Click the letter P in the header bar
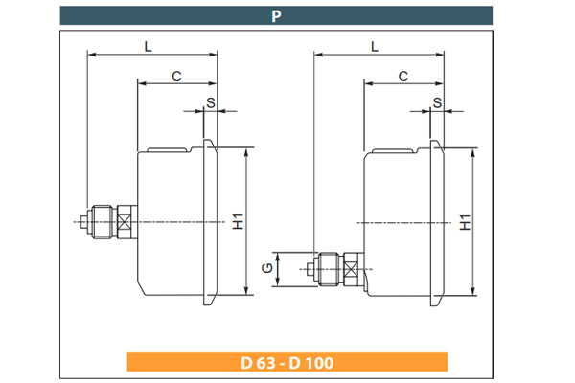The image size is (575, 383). (276, 15)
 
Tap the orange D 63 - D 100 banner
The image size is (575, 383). (287, 363)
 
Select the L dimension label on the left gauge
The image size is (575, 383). (148, 45)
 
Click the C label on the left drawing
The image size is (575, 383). (176, 75)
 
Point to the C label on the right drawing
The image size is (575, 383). (403, 75)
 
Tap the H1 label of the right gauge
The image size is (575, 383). (466, 222)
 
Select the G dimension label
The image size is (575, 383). (266, 271)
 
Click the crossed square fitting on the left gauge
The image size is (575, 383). (126, 222)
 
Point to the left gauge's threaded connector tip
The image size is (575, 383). (84, 223)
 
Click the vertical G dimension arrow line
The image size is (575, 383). (278, 271)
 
